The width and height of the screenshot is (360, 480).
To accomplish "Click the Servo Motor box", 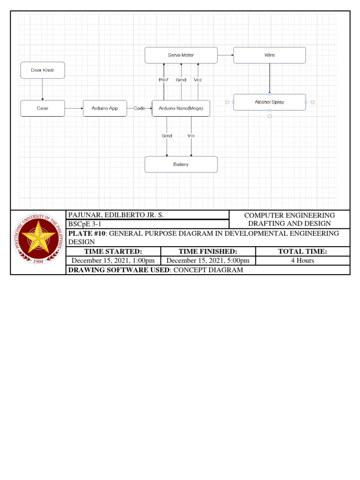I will [181, 55].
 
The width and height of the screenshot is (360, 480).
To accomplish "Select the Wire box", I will [270, 55].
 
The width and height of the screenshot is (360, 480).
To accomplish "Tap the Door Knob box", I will [43, 70].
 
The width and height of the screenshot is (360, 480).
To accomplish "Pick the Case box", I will [43, 108].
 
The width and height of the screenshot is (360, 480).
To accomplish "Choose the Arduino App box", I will [105, 108].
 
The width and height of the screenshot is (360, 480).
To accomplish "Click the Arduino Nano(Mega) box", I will [181, 108].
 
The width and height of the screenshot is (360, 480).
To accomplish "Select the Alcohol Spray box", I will [270, 102].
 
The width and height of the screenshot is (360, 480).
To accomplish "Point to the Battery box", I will [181, 165].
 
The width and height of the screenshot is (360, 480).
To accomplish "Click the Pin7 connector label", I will [164, 80].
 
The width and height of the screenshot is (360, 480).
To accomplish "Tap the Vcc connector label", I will [198, 80].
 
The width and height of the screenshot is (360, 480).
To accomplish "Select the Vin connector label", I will [191, 136].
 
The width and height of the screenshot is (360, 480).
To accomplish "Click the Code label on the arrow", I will [139, 108].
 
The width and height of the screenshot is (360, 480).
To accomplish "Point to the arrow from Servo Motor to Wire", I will [225, 55].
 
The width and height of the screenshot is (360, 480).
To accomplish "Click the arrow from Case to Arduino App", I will [74, 108].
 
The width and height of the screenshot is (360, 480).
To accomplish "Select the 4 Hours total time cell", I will [302, 261].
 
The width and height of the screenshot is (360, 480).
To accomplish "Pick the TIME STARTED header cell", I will [113, 252].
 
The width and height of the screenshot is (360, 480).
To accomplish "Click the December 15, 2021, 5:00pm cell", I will [208, 261].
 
